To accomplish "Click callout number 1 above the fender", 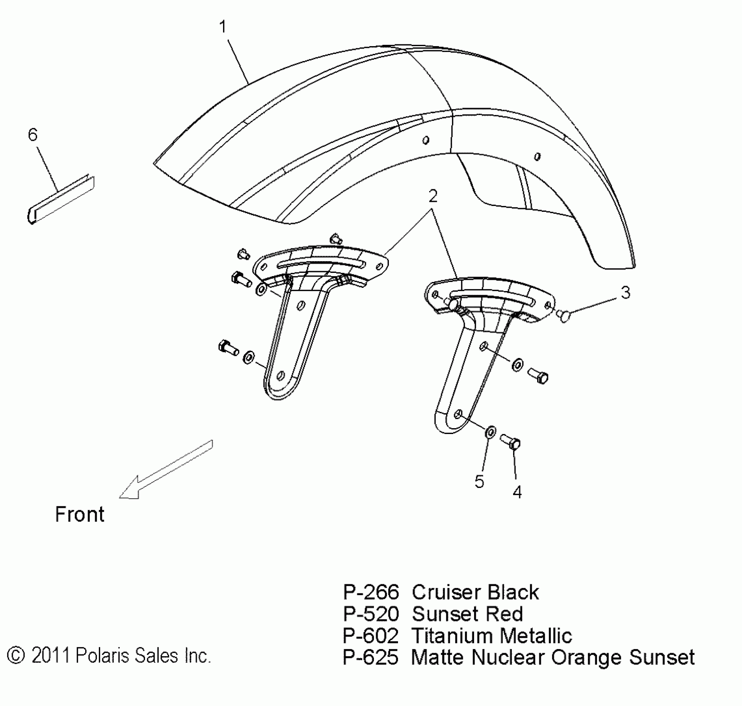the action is tap(223, 27).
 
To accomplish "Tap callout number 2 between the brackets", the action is tap(433, 196).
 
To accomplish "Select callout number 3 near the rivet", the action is tap(625, 292).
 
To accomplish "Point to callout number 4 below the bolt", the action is tap(517, 492).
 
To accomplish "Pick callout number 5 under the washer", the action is tap(479, 482).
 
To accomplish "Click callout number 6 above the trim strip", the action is tap(33, 135).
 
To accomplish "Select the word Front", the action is tap(79, 515).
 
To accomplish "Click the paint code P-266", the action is tap(371, 592).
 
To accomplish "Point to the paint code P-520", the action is tap(371, 614).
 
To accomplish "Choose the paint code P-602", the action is tap(371, 636).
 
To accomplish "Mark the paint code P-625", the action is tap(371, 657).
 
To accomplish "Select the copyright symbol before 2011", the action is tap(17, 656).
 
